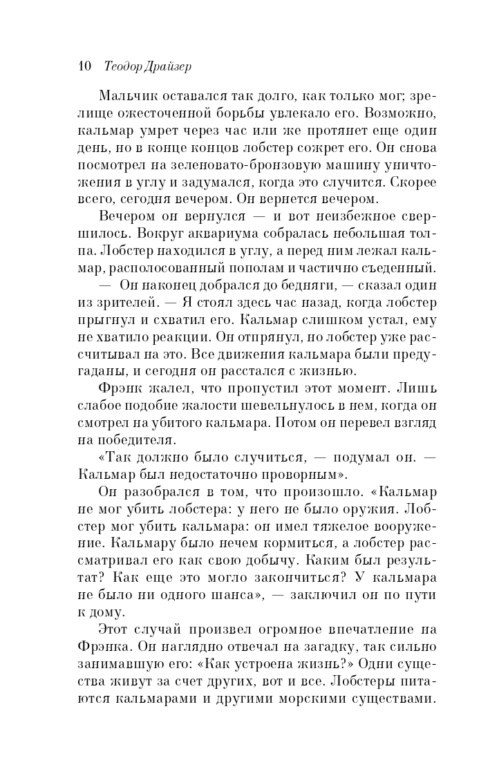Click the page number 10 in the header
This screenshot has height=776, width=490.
click(x=86, y=66)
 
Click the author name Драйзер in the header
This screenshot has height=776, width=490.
click(x=167, y=66)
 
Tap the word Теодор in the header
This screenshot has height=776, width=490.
click(x=124, y=66)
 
